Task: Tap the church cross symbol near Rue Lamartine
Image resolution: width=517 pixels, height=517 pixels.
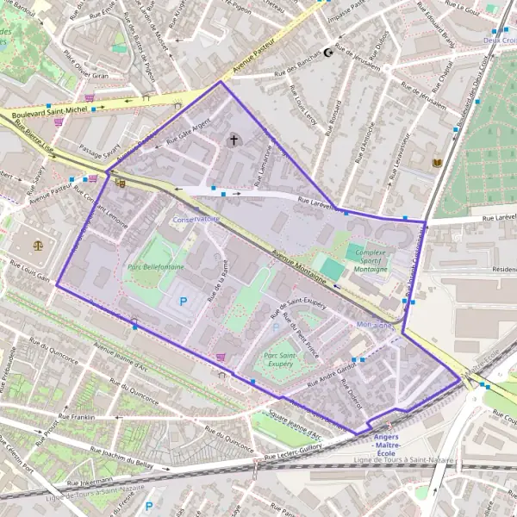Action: point(233,139)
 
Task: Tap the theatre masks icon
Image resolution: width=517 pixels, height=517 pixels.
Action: point(120,182)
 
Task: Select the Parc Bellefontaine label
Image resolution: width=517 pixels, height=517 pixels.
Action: point(154,268)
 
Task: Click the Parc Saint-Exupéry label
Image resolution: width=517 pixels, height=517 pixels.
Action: point(281,359)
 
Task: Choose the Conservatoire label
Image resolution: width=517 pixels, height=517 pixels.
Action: point(195,220)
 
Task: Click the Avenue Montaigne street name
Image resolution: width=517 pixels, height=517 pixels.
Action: point(297,266)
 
